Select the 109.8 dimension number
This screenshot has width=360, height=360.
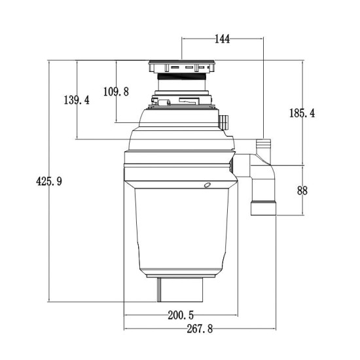click(x=116, y=92)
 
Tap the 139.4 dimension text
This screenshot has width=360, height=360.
click(x=77, y=100)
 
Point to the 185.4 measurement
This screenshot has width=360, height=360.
click(x=302, y=113)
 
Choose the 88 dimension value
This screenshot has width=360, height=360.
click(x=302, y=191)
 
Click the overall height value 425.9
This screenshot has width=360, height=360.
click(x=48, y=182)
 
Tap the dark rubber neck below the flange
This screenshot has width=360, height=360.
click(x=181, y=83)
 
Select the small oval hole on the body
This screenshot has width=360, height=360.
click(x=207, y=185)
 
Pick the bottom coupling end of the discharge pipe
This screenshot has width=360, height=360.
click(x=263, y=209)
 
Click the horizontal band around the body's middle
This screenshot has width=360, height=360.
click(x=178, y=174)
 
